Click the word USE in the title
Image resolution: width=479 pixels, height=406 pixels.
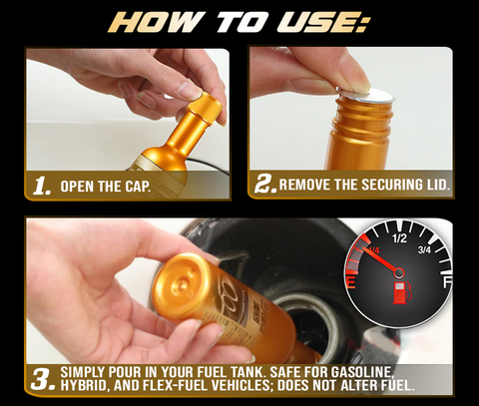pos(319,22)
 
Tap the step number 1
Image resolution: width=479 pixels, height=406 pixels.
pos(42,186)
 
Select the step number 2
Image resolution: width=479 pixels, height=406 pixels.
pos(265,185)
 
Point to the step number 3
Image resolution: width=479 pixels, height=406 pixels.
pos(43,378)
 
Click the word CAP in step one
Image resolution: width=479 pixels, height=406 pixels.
pos(137,187)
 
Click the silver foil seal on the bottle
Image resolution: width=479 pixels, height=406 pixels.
pos(365,96)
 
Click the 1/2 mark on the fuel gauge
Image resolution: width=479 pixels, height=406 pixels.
pos(399,238)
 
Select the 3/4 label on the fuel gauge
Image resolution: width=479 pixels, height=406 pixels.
pos(424,249)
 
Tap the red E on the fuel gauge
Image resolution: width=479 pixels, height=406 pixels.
pos(351,283)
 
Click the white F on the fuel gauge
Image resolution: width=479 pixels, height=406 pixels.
pos(447,283)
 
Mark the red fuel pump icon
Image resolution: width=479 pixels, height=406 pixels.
pos(400,292)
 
